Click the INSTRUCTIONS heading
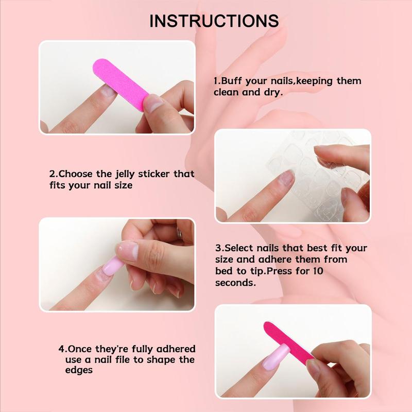pyautogui.click(x=214, y=21)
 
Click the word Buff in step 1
pyautogui.click(x=231, y=81)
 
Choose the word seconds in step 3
pyautogui.click(x=235, y=283)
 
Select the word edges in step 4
pyautogui.click(x=78, y=370)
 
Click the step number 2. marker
pyautogui.click(x=53, y=174)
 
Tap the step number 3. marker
pyautogui.click(x=218, y=248)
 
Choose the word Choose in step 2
pyautogui.click(x=75, y=174)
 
